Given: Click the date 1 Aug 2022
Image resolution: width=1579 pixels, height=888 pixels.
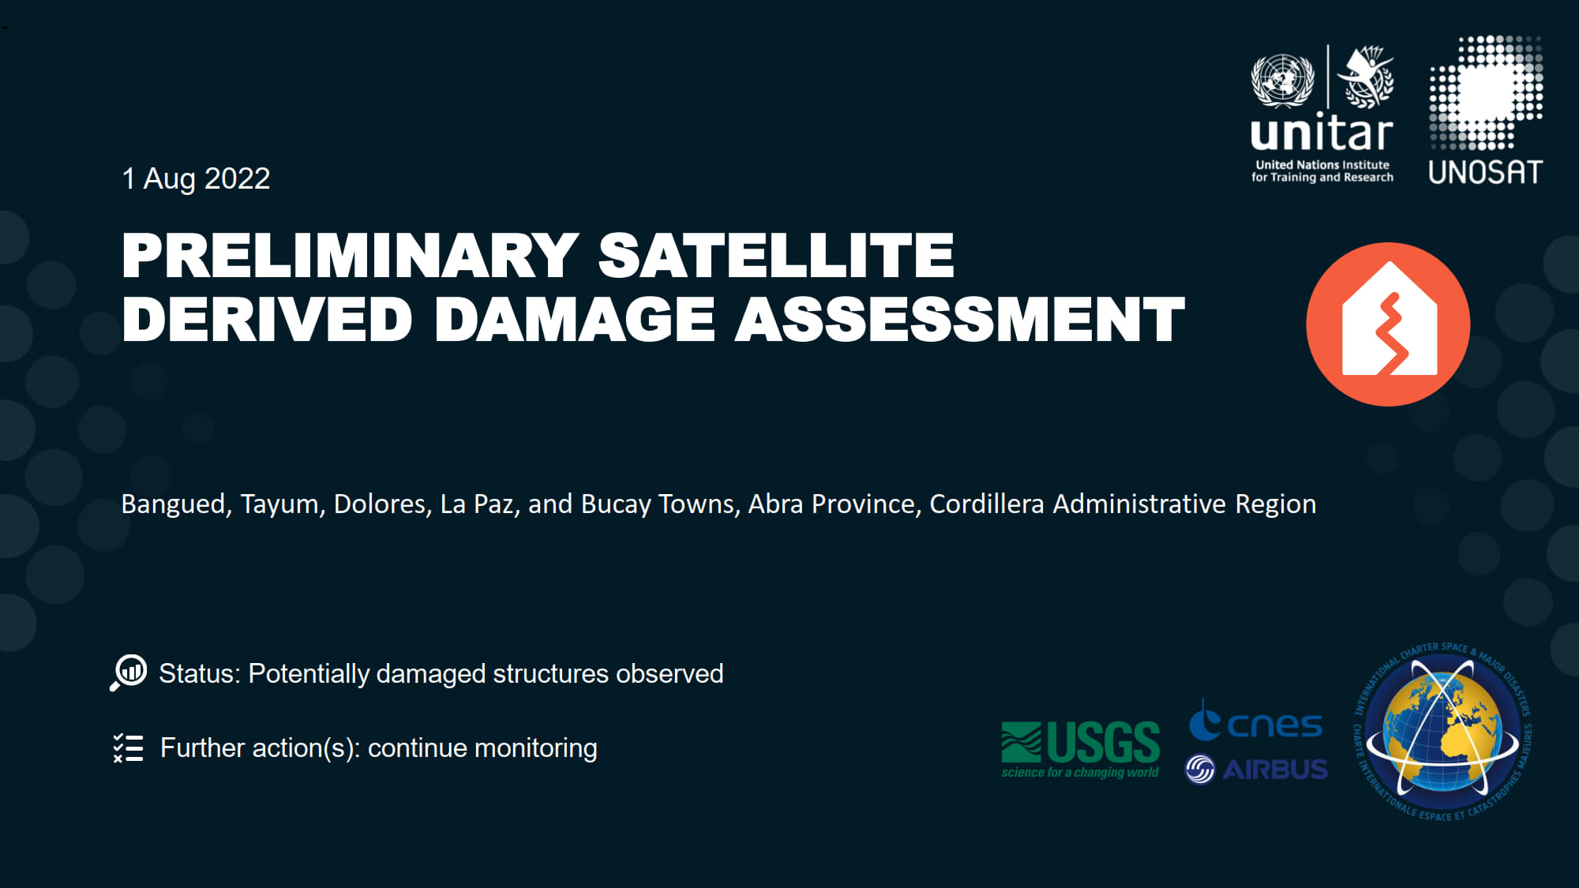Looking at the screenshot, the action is [196, 179].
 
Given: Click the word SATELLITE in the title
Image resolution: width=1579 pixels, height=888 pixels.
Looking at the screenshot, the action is [776, 255].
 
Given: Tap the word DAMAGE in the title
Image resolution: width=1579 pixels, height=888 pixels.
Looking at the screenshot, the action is [575, 320].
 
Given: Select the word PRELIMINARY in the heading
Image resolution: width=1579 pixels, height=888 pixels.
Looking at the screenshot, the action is [351, 255].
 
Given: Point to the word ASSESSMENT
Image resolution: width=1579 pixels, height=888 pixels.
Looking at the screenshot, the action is [960, 320].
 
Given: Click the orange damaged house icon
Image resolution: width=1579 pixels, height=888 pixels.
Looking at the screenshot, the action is [1388, 324].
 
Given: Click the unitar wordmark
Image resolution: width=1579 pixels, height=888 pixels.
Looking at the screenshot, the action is [1322, 132].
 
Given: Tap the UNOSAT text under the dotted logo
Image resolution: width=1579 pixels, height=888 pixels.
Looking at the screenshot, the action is [1485, 172].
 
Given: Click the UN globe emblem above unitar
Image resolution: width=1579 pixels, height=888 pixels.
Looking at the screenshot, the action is [1283, 80].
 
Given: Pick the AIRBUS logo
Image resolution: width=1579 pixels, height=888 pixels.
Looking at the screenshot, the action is [1257, 769].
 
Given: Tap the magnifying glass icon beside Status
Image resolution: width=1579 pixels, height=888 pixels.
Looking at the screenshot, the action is [129, 673].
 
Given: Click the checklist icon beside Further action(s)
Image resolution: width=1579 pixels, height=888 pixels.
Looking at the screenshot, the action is [128, 747].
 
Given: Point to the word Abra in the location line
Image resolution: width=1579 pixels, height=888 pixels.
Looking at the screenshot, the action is [775, 504].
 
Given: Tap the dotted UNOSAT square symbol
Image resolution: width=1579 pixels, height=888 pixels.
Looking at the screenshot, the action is [1486, 92].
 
